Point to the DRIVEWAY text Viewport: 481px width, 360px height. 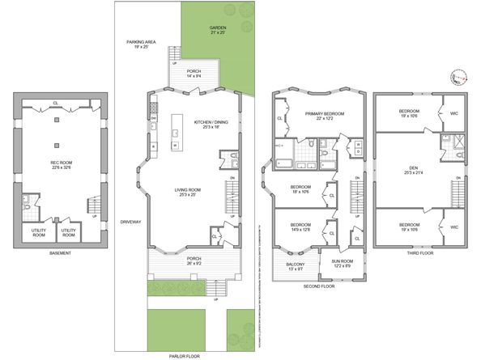130,221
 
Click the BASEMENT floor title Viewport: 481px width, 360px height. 56,253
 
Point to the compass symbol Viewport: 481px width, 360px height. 458,78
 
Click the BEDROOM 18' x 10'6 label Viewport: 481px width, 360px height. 301,190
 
